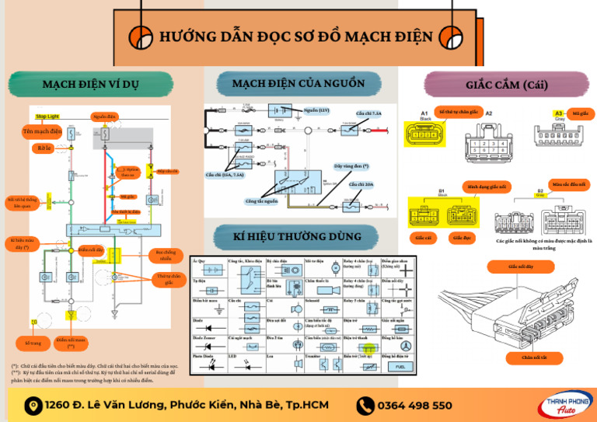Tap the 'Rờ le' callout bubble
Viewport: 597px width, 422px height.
click(x=44, y=148)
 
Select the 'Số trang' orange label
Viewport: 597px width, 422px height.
click(x=33, y=343)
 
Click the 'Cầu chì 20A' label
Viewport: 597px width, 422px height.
click(x=361, y=184)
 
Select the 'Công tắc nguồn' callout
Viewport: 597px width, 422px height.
click(x=260, y=201)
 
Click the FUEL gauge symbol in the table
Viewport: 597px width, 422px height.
click(x=400, y=366)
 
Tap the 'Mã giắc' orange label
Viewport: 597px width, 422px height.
click(x=580, y=113)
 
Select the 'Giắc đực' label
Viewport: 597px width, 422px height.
click(x=462, y=236)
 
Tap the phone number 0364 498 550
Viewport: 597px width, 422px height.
click(x=414, y=405)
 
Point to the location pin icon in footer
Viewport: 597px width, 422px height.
click(x=33, y=405)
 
